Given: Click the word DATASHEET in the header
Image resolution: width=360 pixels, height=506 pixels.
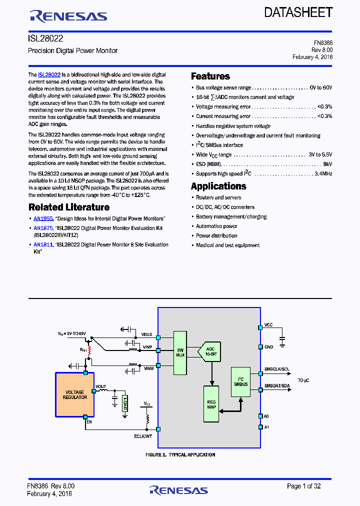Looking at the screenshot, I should point(298,12).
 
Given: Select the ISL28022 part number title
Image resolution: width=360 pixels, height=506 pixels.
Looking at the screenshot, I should point(45,38).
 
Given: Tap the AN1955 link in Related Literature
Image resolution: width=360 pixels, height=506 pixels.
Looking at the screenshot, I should point(43,218).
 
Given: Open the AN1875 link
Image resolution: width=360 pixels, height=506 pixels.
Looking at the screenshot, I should point(43,228).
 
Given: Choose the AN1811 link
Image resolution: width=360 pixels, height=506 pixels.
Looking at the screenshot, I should point(43,245).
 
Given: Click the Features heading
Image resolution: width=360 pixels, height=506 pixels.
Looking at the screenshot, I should point(210,76).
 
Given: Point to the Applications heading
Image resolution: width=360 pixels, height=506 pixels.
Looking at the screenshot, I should point(218,186).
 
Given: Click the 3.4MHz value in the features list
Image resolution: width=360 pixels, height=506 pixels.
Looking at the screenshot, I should point(320,174).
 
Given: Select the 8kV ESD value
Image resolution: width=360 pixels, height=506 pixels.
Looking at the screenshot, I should point(327,164).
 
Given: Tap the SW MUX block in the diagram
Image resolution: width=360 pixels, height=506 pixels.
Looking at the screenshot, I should point(180,351).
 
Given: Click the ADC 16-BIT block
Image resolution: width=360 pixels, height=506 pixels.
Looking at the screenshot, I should point(210,352).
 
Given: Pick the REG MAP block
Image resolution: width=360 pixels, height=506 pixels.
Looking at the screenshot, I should point(211,404).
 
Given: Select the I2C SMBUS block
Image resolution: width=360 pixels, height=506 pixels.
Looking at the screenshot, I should point(240,381).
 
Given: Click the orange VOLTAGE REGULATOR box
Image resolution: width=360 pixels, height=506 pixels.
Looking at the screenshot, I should point(74,394).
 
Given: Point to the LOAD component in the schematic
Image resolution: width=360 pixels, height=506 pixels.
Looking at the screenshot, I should point(124,402).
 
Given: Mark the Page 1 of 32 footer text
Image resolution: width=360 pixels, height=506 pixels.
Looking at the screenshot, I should point(303,486).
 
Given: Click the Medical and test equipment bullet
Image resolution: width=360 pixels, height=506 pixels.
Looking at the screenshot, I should point(227,245).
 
